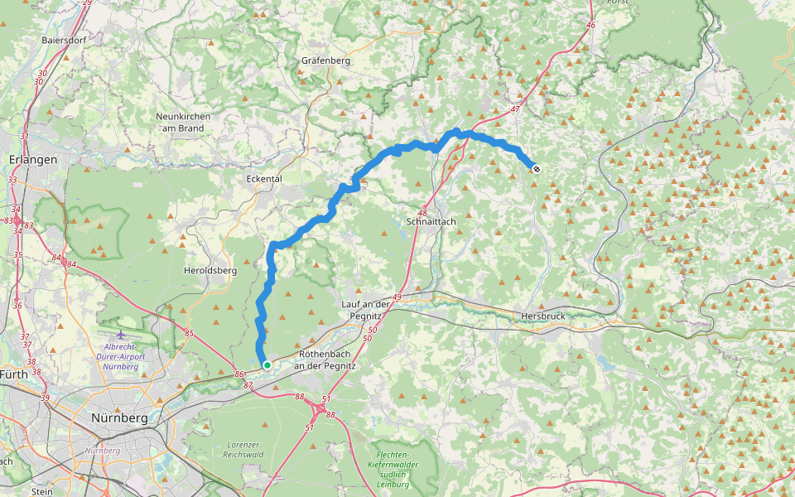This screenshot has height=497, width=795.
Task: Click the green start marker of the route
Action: click(267, 364)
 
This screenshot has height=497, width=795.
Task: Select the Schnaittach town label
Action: click(431, 222)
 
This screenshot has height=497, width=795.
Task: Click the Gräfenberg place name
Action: click(326, 60)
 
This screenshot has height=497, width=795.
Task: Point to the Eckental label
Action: click(264, 178)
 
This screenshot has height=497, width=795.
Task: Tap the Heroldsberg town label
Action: click(210, 271)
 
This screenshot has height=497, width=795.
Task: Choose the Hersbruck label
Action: click(542, 316)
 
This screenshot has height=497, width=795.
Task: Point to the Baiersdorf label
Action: click(65, 39)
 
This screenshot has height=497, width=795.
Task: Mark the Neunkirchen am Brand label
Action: click(183, 122)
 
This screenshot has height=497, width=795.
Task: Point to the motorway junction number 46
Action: click(590, 26)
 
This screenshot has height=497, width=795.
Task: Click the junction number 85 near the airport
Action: click(189, 334)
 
